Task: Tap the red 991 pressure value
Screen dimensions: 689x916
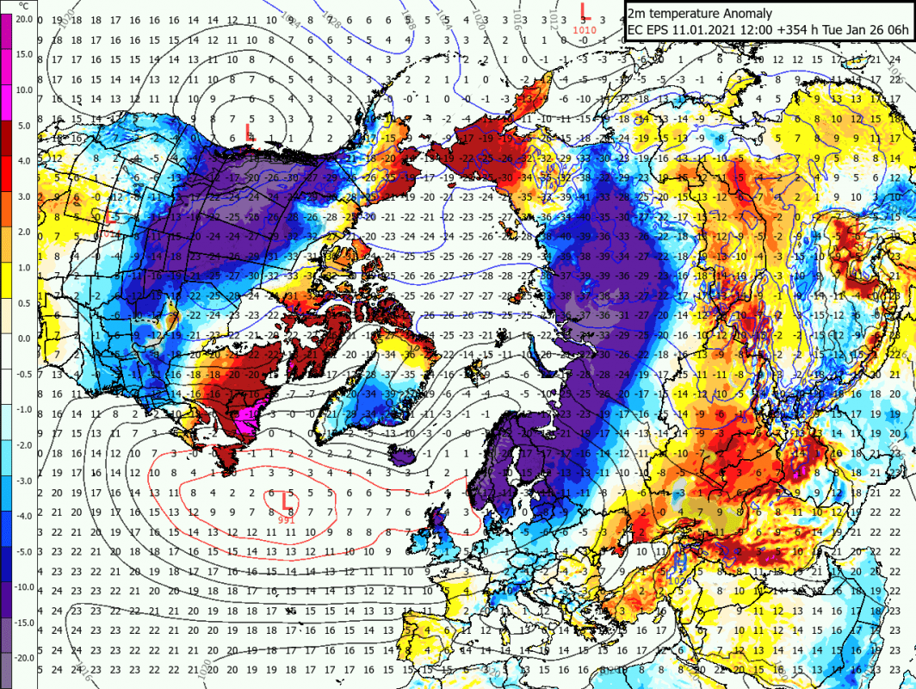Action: [x=288, y=518]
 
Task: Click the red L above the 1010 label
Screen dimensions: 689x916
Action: [x=585, y=10]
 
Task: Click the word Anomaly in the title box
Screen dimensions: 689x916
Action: [x=746, y=14]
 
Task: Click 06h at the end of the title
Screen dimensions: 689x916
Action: [x=897, y=30]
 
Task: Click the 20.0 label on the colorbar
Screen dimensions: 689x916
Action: [x=23, y=18]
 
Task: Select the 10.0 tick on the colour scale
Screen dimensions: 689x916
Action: [x=23, y=90]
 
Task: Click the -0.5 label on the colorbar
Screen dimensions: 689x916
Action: [x=24, y=373]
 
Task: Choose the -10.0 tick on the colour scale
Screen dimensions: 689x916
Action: [x=22, y=586]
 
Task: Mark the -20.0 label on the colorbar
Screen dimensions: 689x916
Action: [x=22, y=657]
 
